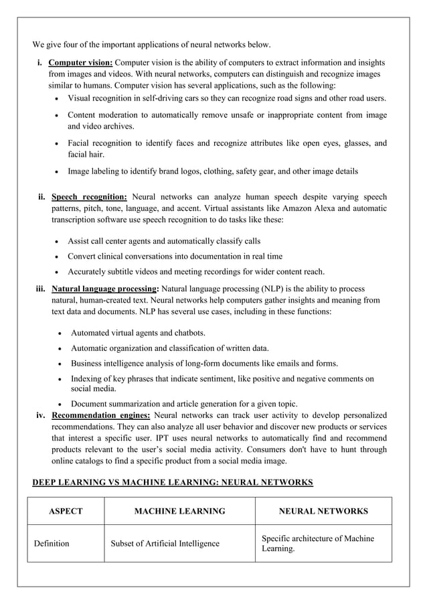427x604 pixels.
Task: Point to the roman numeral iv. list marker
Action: click(41, 415)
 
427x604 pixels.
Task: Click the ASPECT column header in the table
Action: click(66, 511)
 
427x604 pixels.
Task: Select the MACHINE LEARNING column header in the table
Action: click(179, 511)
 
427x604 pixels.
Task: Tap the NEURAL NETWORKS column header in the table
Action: click(323, 511)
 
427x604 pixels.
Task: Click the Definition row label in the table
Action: click(52, 543)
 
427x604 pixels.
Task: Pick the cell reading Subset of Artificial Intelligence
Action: click(165, 543)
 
